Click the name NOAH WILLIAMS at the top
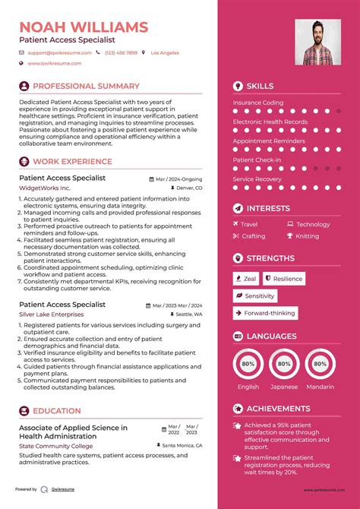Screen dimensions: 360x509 pyautogui.click(x=84, y=27)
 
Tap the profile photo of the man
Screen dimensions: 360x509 pyautogui.click(x=317, y=42)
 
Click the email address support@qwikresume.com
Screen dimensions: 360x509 pyautogui.click(x=59, y=53)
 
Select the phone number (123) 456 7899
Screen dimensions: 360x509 pyautogui.click(x=121, y=53)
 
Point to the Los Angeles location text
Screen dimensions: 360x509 pyautogui.click(x=165, y=53)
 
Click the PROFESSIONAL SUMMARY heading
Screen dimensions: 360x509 pyautogui.click(x=86, y=87)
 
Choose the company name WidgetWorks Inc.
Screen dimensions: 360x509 pyautogui.click(x=44, y=188)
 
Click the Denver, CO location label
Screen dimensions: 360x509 pyautogui.click(x=188, y=187)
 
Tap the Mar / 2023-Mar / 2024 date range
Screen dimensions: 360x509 pyautogui.click(x=177, y=305)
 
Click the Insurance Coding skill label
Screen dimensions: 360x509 pyautogui.click(x=258, y=103)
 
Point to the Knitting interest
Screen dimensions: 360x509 pyautogui.click(x=308, y=236)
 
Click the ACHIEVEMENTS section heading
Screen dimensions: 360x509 pyautogui.click(x=278, y=409)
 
